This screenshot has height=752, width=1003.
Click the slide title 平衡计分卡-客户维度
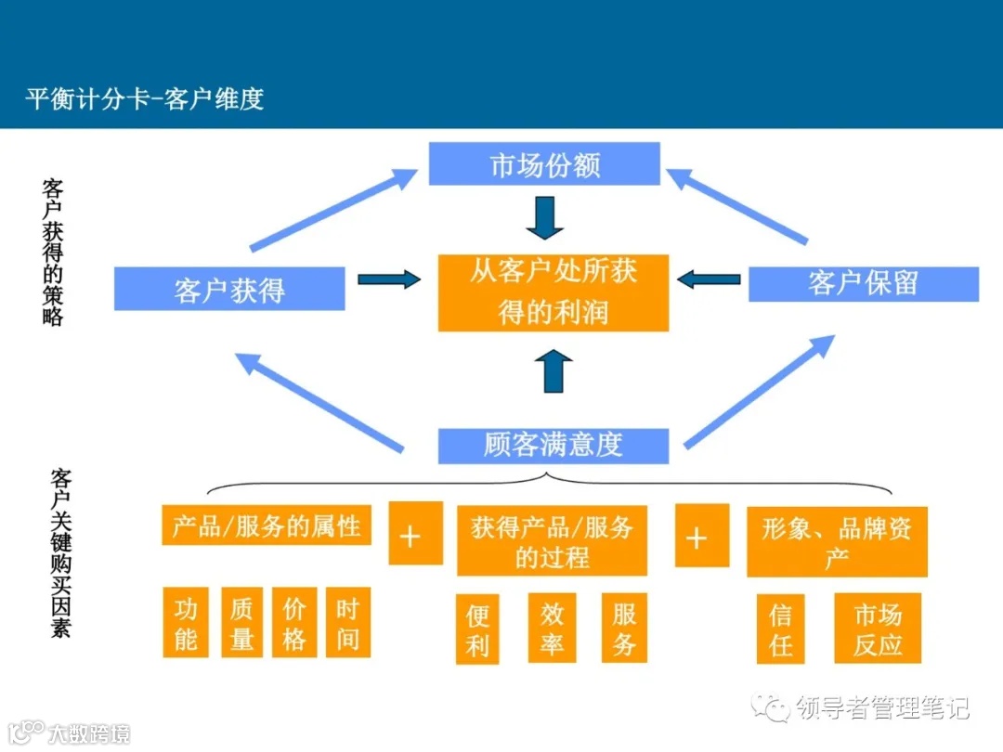pos(145,98)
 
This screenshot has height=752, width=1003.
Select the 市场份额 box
pos(544,164)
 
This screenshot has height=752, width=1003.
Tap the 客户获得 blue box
pos(229,289)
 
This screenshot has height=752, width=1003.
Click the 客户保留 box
pos(863,284)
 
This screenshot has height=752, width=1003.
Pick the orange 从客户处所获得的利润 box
pos(554,292)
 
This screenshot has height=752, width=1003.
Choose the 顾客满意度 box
pos(553,446)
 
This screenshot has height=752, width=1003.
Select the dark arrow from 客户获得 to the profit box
pos(388,279)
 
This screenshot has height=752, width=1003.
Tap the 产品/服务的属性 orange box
pos(267,525)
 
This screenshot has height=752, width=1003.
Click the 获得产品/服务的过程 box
pos(552,541)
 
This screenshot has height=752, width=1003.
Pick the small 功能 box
pos(186,623)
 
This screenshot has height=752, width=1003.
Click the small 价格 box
pos(294,623)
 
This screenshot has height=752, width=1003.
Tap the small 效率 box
pos(552,629)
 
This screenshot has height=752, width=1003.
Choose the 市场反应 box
pos(878,629)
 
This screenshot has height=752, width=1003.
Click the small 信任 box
pos(780,629)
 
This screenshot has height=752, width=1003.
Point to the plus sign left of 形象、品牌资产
pos(697,538)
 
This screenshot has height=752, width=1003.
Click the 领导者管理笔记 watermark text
pos(882,708)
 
